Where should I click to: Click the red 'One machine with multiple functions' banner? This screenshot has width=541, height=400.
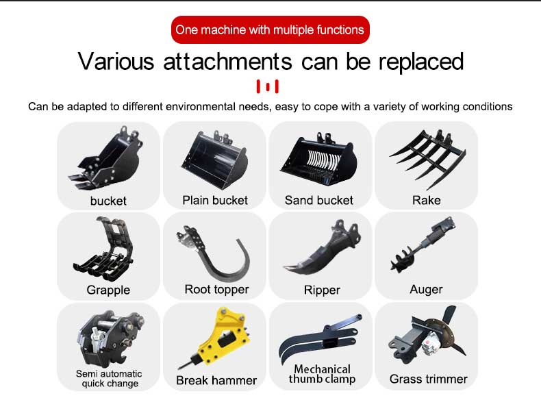coord(270,29)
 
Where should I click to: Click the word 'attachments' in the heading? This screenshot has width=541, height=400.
coord(227,62)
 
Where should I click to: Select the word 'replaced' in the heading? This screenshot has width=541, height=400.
coord(421,62)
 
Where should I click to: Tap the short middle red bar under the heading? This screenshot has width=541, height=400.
coord(267,86)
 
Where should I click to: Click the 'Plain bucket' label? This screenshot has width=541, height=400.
coord(215,200)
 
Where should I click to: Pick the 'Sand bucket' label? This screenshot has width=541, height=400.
coord(319,200)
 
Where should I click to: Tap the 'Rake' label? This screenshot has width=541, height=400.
coord(426,200)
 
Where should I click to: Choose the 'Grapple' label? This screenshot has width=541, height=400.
coord(108,290)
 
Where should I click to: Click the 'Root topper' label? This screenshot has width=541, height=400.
coord(216,289)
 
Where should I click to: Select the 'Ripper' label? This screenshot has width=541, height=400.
coord(322,290)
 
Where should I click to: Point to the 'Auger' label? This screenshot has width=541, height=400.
coord(426,290)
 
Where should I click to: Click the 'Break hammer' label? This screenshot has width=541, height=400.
coord(216,380)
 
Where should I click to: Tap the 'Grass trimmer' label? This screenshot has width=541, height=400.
coord(428,379)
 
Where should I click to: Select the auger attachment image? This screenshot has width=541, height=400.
coord(422,245)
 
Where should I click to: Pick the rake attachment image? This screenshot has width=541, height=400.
coord(427,159)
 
